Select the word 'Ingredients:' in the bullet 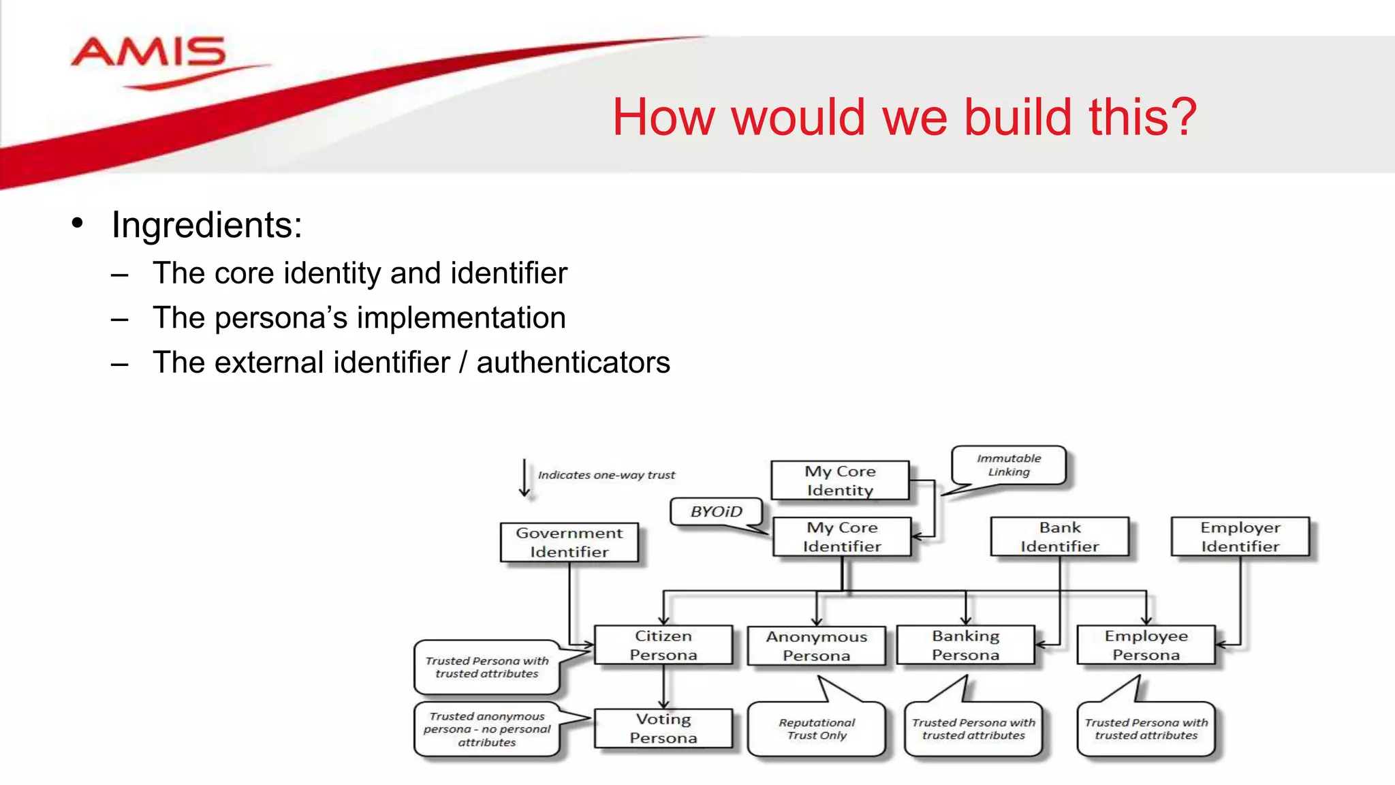206,225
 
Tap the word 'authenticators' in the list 573,363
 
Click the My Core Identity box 840,480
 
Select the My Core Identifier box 842,537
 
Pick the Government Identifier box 569,542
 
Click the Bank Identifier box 1059,537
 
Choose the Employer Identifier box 1240,537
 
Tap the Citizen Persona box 663,645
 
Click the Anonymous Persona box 816,646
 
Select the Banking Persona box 965,645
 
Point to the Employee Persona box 1146,645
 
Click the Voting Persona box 663,728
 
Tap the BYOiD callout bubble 716,512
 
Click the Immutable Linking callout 1009,465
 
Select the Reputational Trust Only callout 816,729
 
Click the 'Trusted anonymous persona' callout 486,729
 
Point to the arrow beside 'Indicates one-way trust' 524,478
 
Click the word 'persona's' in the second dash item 281,318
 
